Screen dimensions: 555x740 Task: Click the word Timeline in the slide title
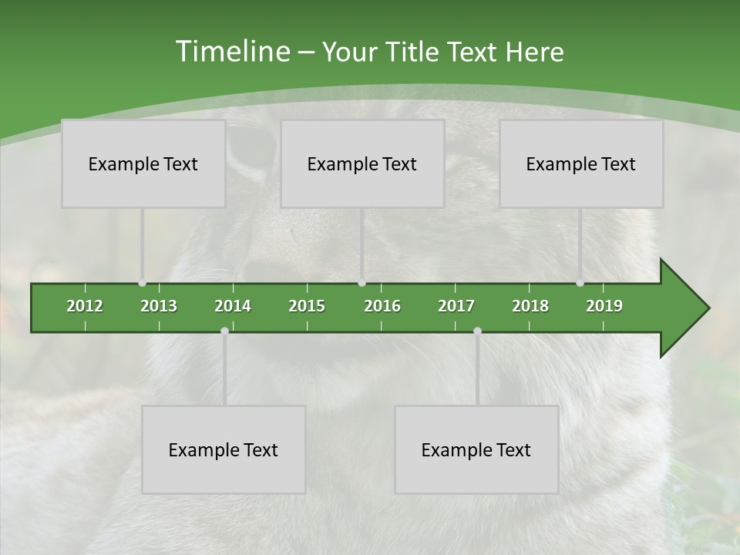tap(231, 52)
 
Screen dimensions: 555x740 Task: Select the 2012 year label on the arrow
tap(85, 306)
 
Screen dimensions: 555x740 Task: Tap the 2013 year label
tap(159, 306)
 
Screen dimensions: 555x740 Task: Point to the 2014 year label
tap(233, 306)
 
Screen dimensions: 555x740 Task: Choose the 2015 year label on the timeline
tap(307, 306)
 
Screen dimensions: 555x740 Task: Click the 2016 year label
tap(382, 306)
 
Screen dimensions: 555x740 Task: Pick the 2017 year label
tap(456, 306)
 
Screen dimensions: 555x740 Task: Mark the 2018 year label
tap(530, 306)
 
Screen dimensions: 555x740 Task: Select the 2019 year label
tap(604, 306)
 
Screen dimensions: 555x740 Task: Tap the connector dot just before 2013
tap(142, 283)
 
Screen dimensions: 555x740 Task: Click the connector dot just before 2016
tap(362, 283)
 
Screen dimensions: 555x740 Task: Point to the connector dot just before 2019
tap(580, 283)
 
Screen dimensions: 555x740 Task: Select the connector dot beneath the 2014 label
tap(224, 331)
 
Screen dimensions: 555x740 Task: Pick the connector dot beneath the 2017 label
tap(477, 331)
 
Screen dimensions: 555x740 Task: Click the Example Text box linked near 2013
tap(143, 163)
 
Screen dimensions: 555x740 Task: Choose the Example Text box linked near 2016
tap(362, 163)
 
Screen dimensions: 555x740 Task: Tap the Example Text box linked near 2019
tap(581, 163)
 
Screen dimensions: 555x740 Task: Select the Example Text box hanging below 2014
tap(224, 449)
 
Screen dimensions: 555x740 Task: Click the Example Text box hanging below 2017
tap(476, 449)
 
